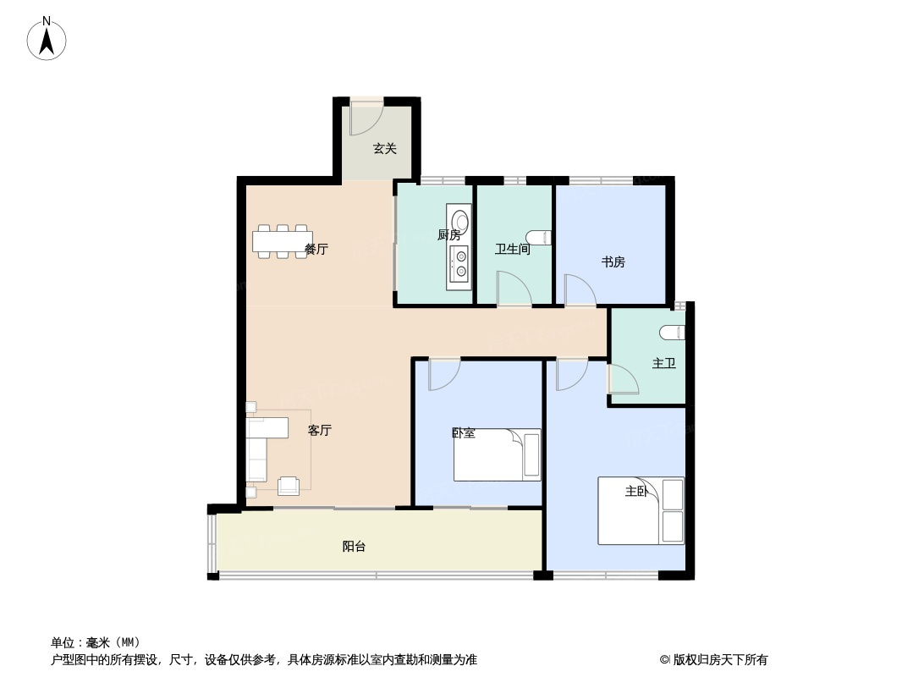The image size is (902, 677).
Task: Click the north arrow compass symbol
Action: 47,39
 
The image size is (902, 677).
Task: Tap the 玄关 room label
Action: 385,148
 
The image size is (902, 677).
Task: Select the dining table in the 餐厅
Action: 283,241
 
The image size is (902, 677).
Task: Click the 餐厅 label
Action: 316,249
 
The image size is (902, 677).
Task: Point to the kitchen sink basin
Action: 459,222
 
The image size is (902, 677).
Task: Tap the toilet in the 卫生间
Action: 540,237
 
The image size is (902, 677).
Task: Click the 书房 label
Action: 613,262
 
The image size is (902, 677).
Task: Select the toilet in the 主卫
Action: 673,332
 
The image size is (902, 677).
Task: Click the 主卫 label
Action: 664,364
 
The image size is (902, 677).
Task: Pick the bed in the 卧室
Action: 497,454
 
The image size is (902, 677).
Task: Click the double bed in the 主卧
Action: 641,510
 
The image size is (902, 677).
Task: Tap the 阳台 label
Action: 354,547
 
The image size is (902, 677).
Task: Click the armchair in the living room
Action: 289,486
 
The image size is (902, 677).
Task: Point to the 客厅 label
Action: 320,430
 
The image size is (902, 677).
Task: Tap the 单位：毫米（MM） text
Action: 96,642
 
